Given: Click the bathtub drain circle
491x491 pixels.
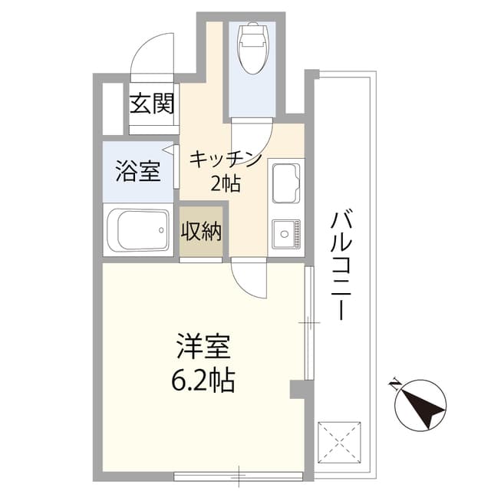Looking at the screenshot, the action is (161, 230).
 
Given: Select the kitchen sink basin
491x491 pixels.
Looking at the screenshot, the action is (286, 183).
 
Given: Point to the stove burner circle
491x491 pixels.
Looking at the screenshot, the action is (285, 234).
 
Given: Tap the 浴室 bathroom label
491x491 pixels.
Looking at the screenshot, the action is (138, 171).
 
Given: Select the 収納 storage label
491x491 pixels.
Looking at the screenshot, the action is (201, 231).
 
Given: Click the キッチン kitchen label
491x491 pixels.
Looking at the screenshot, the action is (225, 160).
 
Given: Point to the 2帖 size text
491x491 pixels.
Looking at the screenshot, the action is (225, 183).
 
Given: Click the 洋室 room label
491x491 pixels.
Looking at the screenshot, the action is (203, 346).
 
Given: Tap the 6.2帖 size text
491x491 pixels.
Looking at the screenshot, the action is (203, 381).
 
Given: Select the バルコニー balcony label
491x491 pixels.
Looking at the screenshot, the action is (341, 265).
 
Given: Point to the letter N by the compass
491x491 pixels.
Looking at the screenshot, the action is (394, 384).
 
